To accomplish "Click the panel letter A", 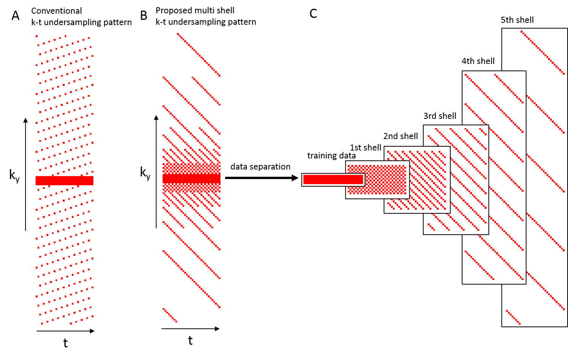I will point(15,16).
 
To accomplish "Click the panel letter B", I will point(144,16).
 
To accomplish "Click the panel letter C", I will point(313,14).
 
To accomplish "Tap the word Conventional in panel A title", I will point(56,11).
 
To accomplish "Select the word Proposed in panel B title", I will point(171,10).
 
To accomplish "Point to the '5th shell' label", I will point(517,20).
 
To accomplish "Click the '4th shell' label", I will point(478,61).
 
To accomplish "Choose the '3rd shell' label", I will point(440,116).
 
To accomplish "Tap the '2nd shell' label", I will point(400,136).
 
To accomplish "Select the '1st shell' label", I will point(365,147).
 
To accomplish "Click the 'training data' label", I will point(331,155).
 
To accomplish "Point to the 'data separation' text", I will point(260,166).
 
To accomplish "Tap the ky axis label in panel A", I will point(14,176).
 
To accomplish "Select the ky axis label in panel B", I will point(145,173).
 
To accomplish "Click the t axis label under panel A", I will point(65,343).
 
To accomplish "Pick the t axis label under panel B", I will point(190,341).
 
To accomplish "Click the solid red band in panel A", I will point(64,181).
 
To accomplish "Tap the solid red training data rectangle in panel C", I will point(333,179).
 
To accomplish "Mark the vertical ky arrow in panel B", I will point(156,171).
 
